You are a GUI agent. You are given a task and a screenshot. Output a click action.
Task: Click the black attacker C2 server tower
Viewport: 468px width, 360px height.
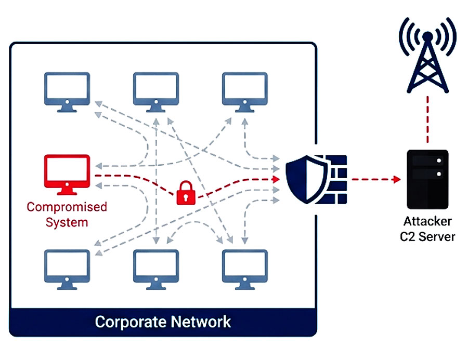427,179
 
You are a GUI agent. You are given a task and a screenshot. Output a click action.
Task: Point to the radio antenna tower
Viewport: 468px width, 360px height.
427,57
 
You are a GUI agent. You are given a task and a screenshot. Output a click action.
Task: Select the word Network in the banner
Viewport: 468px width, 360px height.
201,322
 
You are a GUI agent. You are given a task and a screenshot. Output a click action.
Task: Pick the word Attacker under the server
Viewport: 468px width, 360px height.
427,221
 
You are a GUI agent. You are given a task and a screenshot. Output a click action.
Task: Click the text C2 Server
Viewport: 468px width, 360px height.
427,237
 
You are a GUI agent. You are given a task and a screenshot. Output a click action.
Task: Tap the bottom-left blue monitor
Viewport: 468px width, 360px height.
67,266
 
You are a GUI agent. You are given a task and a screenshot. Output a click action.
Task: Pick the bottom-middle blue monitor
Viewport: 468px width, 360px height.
156,266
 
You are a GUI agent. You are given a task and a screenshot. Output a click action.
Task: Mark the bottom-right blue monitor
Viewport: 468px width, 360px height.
245,266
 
